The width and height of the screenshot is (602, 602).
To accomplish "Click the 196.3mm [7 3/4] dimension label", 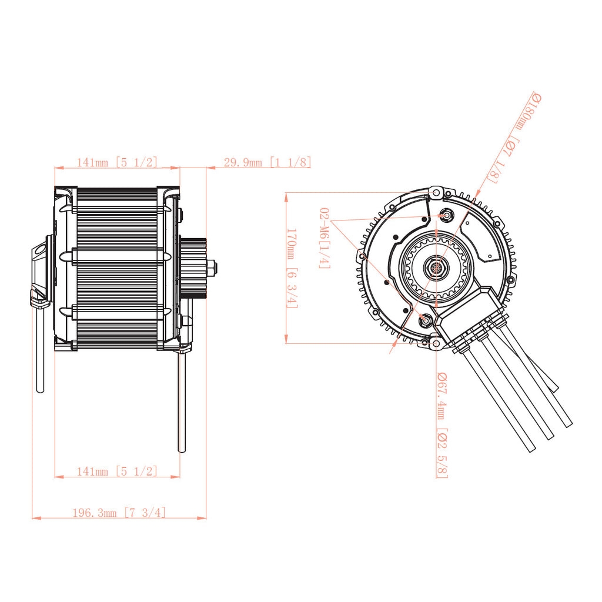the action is [119, 513].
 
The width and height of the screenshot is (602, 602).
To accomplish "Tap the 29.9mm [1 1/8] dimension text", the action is [267, 162].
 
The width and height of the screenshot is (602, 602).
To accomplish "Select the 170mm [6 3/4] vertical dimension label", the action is [292, 268].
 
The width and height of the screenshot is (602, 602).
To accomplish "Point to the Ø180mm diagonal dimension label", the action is [515, 137].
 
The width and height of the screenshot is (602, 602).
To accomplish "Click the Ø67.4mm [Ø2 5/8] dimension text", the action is [442, 425].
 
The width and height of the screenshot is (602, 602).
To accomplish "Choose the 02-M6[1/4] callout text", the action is [325, 238].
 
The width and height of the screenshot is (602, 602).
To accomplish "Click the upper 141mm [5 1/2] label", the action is [117, 162].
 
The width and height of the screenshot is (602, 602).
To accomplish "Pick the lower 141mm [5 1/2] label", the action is [117, 471].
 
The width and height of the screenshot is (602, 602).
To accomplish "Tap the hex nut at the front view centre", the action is [436, 267].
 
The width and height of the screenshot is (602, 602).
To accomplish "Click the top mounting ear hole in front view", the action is [436, 192].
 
